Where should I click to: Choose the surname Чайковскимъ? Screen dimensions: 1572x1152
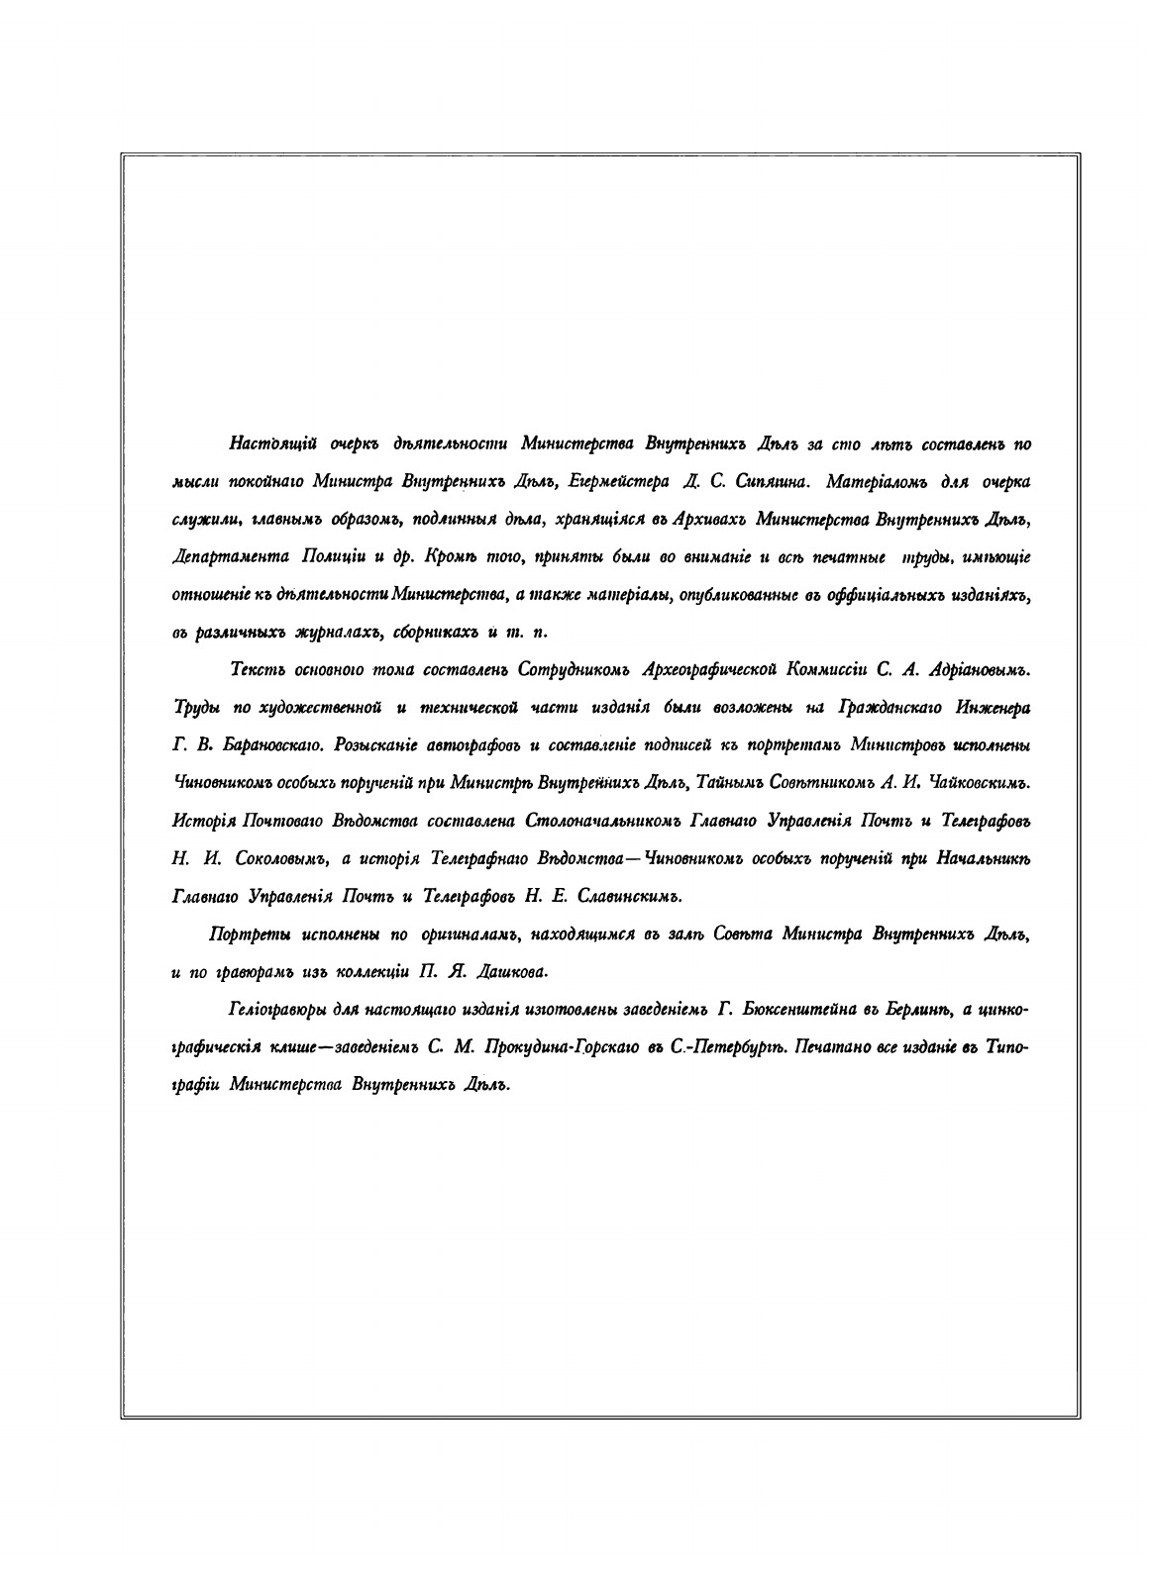click(x=976, y=782)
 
